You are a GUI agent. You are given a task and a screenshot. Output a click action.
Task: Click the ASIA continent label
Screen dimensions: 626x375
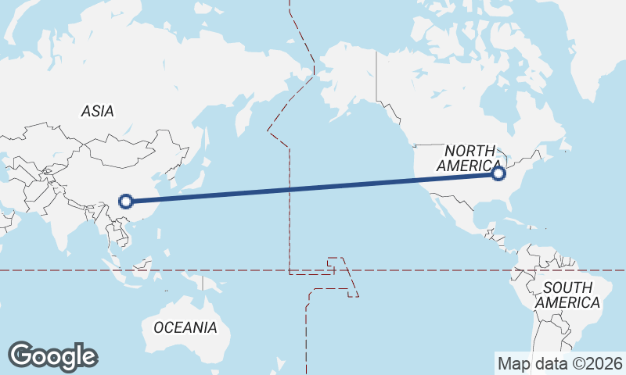(97, 111)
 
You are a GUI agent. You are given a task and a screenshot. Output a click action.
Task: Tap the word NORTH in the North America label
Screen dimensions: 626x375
(470, 151)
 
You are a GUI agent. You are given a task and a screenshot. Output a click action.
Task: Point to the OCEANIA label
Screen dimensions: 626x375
(185, 327)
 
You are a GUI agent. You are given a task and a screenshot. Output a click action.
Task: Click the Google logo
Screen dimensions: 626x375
(53, 356)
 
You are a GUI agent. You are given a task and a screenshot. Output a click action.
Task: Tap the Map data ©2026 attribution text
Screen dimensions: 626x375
(560, 363)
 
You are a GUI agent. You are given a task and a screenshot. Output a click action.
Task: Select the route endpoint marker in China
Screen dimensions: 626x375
(125, 202)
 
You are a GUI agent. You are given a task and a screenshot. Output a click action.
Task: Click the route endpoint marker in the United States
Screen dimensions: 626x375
(499, 173)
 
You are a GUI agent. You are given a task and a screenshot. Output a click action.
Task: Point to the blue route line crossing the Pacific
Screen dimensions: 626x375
(313, 187)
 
